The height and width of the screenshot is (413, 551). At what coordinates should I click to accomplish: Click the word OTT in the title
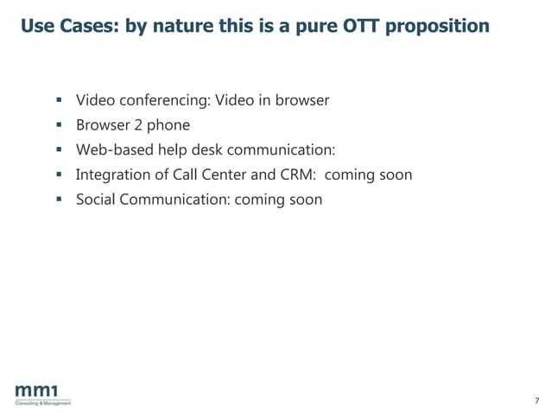pos(357,26)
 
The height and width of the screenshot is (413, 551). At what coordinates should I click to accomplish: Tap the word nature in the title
pos(187,26)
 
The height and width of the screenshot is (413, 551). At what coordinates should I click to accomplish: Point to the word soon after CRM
pos(396,175)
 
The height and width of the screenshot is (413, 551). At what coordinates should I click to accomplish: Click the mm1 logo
pos(41,391)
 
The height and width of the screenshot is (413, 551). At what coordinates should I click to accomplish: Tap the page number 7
pos(536,400)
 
